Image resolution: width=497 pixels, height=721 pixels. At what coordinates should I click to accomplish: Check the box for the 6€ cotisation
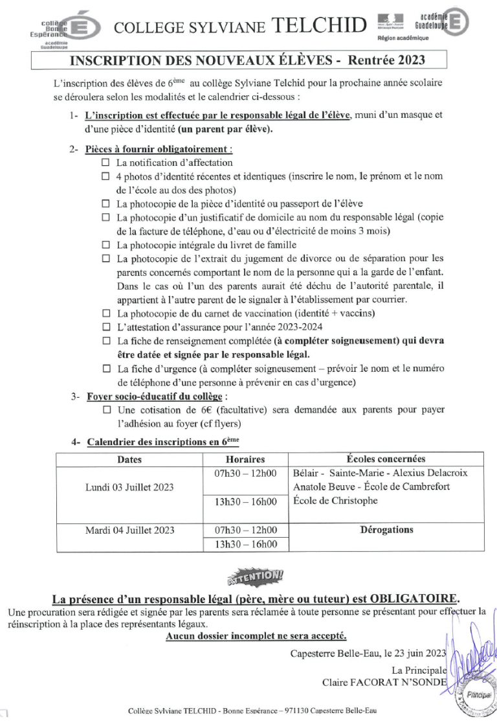(x=107, y=410)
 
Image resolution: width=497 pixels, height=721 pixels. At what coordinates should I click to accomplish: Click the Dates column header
(x=129, y=459)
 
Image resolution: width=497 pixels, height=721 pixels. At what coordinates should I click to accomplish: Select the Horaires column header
(x=246, y=459)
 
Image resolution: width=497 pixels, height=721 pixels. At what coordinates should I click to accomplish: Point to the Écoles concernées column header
(x=386, y=459)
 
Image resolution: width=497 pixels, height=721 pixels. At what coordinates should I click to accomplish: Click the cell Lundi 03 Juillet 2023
(x=129, y=486)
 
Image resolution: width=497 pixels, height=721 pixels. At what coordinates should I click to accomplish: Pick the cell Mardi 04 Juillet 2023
(x=129, y=530)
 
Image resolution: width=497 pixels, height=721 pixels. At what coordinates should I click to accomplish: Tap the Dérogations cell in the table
(x=386, y=530)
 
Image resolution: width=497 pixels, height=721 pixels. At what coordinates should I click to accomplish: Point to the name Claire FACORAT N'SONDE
(x=384, y=682)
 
